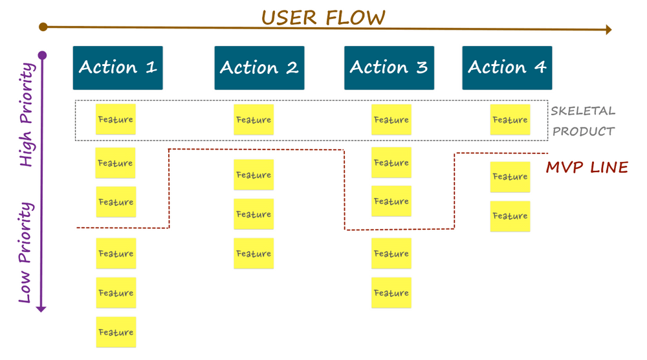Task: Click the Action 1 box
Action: coord(118,68)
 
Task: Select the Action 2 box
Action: coord(259,68)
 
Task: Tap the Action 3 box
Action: coord(389,68)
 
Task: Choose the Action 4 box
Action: coord(507,68)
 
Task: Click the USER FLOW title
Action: coord(323,17)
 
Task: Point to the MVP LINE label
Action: coord(587,168)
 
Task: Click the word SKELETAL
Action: coord(583,111)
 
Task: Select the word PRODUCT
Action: coord(584,131)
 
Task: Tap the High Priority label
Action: coord(26,115)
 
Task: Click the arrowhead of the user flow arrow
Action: coord(608,29)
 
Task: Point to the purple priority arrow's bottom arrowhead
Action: coord(41,308)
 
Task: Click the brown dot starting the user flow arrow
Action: coord(43,27)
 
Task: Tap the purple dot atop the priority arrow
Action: coord(42,55)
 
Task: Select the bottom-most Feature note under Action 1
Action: coord(116,332)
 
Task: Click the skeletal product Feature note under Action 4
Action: coord(510,120)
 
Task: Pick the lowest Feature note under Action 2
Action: coord(254,254)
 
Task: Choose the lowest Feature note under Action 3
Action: coord(391,293)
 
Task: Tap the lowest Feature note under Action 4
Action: coord(510,216)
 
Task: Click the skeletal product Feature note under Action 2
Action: coord(254,120)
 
